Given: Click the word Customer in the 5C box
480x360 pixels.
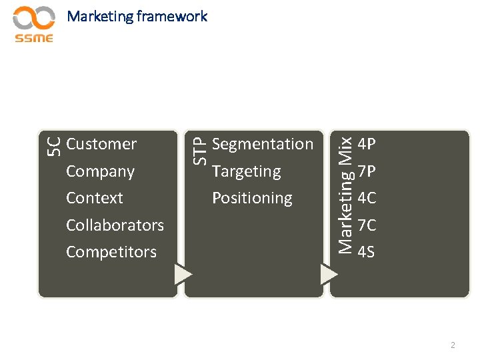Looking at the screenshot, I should (x=101, y=144).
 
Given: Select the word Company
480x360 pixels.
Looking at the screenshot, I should (x=100, y=171).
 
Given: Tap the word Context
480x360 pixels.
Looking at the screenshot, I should (x=95, y=198).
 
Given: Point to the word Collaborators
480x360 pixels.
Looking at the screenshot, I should (x=115, y=225).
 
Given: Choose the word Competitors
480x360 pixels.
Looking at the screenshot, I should (x=111, y=252).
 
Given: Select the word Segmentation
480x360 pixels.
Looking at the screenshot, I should (x=262, y=144).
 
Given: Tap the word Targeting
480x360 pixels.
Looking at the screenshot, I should (x=246, y=171).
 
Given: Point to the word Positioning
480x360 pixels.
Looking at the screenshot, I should (x=252, y=198).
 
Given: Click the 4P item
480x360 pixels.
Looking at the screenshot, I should (x=367, y=145).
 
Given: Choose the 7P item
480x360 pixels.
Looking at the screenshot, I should (x=367, y=172).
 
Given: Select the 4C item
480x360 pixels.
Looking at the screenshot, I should (x=367, y=199).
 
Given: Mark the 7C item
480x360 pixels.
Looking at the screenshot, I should (x=367, y=226).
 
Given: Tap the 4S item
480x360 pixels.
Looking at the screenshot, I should (x=366, y=253).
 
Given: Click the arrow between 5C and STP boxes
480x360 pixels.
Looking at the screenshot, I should (x=183, y=274).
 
